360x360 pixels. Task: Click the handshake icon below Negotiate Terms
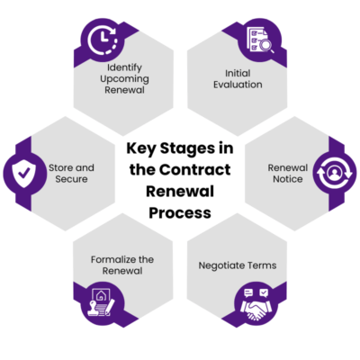pyautogui.click(x=257, y=303)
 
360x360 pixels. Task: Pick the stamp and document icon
pyautogui.click(x=99, y=304)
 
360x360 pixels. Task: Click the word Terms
pyautogui.click(x=261, y=266)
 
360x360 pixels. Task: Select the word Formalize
pyautogui.click(x=112, y=259)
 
